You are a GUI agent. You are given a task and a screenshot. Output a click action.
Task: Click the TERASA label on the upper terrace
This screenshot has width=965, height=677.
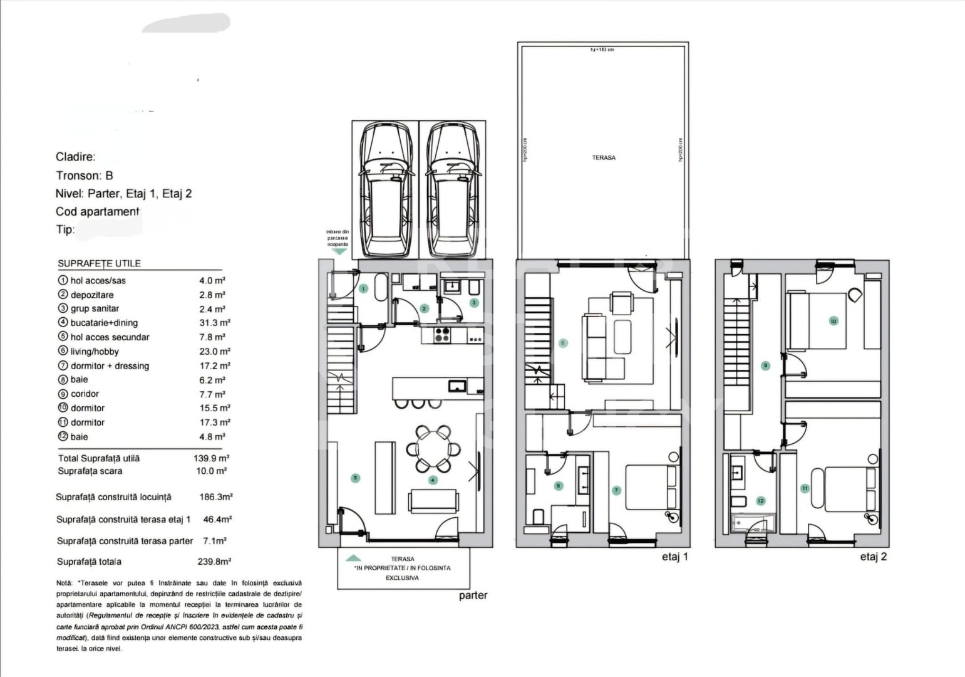[x=604, y=158]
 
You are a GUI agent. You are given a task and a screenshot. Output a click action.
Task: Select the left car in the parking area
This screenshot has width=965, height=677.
[x=385, y=189]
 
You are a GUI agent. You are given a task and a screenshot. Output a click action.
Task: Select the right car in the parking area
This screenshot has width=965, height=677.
[x=452, y=189]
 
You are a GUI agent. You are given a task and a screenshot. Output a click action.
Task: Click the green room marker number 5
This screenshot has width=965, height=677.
[x=356, y=478]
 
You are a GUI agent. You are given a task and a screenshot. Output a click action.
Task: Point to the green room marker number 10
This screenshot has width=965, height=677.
[x=833, y=321]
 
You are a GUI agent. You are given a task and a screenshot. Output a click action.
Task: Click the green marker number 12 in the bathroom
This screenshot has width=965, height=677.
[x=760, y=501]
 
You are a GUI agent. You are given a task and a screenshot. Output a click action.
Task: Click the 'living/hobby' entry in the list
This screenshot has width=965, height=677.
[x=94, y=352]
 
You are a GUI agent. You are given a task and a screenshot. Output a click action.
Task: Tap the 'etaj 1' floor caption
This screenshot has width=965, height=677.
[x=674, y=557]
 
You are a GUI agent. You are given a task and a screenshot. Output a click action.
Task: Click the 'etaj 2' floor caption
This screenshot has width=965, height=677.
[x=873, y=557]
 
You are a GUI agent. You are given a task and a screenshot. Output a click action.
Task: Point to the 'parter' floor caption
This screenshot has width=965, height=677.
[x=473, y=596]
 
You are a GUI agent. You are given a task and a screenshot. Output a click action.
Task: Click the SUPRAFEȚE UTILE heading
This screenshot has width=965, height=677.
[x=99, y=264]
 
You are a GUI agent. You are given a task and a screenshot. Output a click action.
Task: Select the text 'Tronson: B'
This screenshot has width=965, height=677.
[x=85, y=176]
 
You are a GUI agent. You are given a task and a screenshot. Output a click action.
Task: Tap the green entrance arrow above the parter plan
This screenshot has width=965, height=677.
[x=339, y=251]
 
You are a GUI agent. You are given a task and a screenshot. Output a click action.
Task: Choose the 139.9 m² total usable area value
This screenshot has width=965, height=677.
[x=211, y=458]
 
